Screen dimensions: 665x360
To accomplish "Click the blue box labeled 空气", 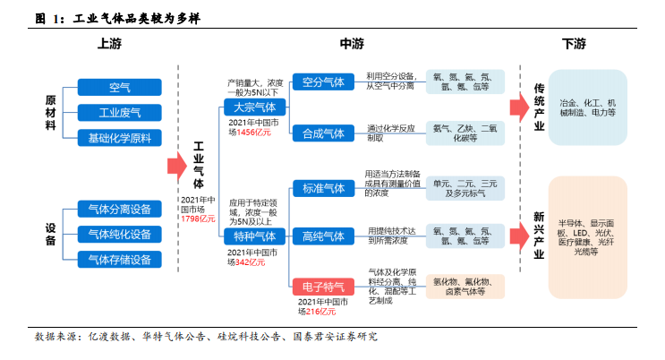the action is pos(120,88).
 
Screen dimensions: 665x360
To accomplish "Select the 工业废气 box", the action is pos(120,113).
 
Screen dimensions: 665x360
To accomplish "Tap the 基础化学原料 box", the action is pos(120,138).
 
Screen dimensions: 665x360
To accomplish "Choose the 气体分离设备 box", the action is pos(120,209).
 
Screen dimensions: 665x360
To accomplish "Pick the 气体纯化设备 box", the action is pos(120,235).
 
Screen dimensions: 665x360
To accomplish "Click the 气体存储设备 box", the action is pos(120,260).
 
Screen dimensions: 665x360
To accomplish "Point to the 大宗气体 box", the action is pos(255,107).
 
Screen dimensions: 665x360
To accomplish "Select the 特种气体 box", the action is pos(255,236).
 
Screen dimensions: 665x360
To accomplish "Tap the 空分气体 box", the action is pos(323,81).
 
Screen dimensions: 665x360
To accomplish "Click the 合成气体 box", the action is pos(323,133).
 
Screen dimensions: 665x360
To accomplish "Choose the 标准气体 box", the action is pos(323,188).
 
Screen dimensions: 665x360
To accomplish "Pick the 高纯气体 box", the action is pos(323,236).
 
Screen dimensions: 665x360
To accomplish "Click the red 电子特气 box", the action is pos(323,287).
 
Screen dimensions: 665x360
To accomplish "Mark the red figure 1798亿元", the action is pos(198,219).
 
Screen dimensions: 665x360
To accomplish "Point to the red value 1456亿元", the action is pos(253,133).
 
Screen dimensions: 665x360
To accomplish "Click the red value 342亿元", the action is pos(251,262).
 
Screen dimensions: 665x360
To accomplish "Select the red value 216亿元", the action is pos(320,312).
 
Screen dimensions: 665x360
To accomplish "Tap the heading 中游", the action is pos(352,44).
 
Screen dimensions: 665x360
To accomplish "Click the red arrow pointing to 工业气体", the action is pos(177,166).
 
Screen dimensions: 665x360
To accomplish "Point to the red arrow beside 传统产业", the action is pos(519,107).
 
